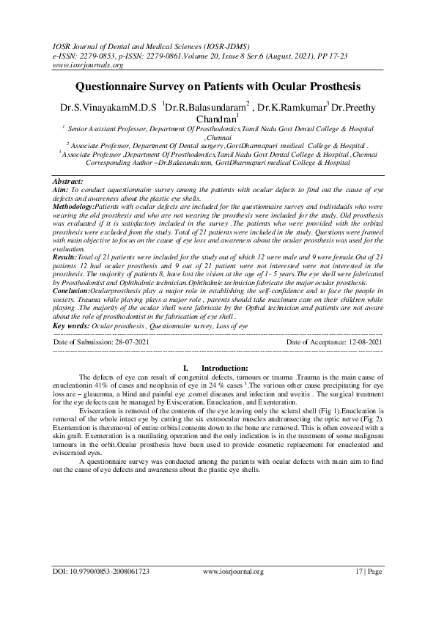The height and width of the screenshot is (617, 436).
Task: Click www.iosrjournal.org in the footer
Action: coord(232,591)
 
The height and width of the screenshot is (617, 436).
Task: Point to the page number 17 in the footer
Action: coord(358,591)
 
